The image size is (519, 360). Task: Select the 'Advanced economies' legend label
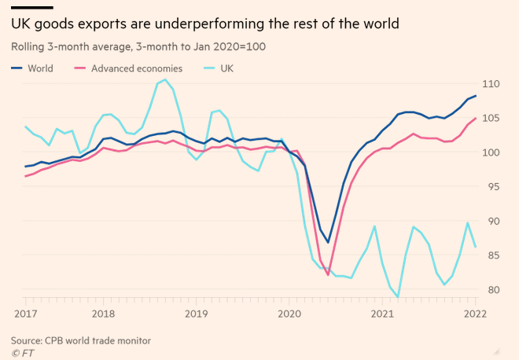tap(137, 68)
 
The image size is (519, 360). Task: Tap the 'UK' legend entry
tap(226, 68)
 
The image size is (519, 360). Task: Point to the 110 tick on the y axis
tap(491, 83)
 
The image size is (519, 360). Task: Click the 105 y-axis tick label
tap(491, 118)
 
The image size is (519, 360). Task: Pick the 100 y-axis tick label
tap(491, 152)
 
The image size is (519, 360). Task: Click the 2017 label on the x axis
tap(25, 314)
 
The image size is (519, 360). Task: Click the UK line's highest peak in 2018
tap(165, 79)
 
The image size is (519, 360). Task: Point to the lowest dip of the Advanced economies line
tap(328, 275)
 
